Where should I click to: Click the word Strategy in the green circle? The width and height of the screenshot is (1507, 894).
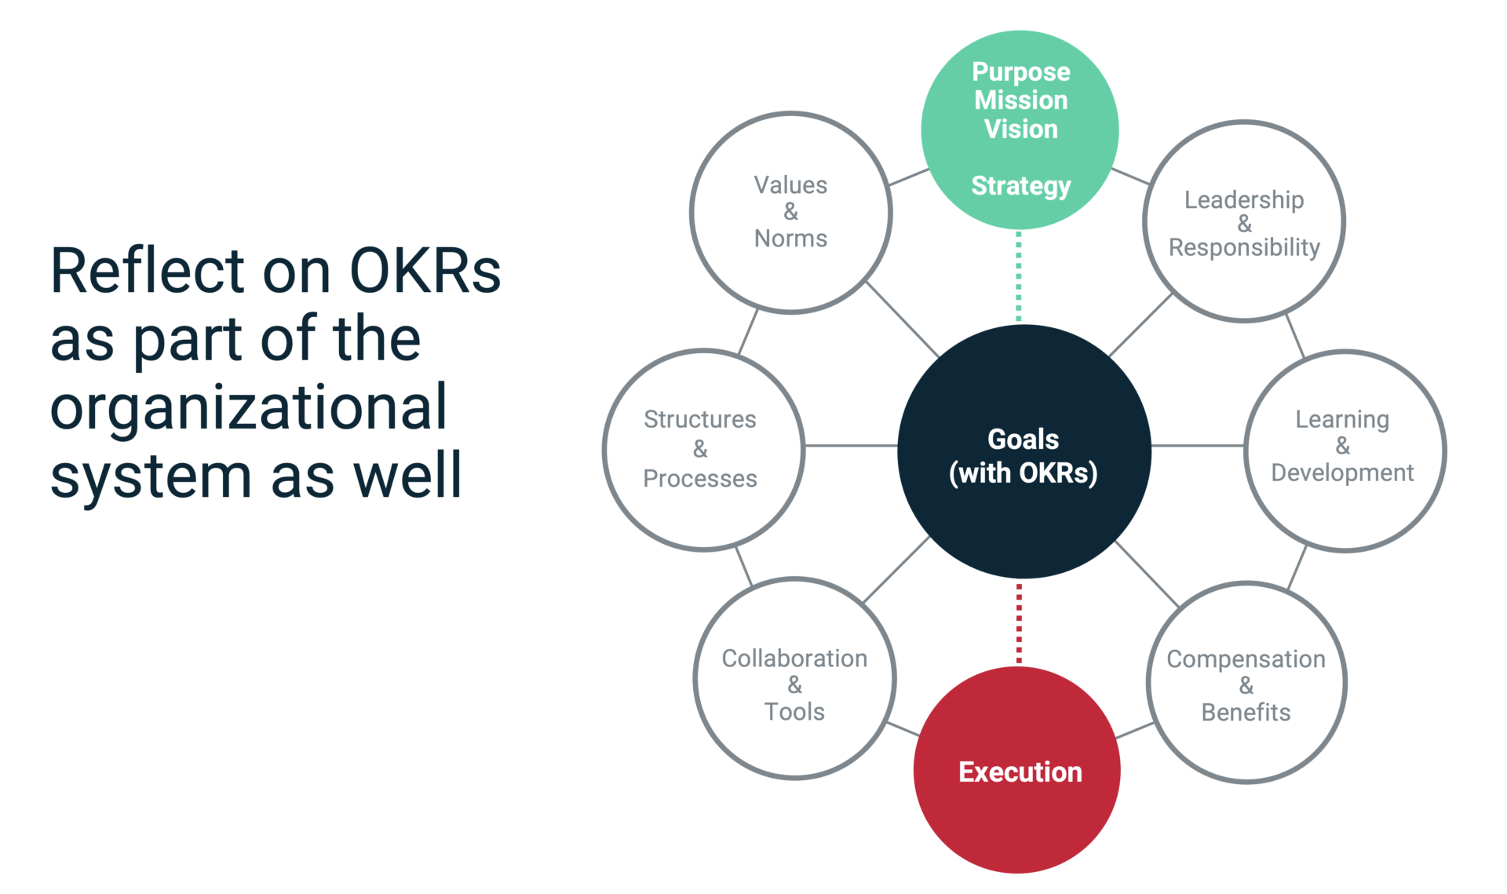click(1020, 186)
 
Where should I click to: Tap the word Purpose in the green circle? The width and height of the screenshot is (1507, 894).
click(1020, 72)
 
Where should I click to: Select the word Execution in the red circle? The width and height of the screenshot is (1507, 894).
click(1020, 772)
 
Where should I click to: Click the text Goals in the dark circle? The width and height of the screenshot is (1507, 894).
click(1023, 440)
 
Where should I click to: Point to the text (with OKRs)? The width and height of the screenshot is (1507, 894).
click(1023, 473)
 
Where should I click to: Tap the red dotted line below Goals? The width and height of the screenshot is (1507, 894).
click(1019, 623)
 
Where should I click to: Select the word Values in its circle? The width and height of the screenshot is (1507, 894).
click(790, 185)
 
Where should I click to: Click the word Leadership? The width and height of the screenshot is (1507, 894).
click(1243, 200)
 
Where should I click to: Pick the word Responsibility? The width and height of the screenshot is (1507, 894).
click(1243, 247)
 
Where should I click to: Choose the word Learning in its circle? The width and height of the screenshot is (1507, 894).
click(1341, 420)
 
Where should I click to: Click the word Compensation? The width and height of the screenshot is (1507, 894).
click(1246, 659)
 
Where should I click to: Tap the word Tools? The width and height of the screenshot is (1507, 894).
click(794, 712)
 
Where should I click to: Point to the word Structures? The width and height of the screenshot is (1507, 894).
click(699, 420)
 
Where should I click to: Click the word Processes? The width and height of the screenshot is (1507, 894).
click(699, 479)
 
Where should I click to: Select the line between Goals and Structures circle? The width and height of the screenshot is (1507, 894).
click(851, 446)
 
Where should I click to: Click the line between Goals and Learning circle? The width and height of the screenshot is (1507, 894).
click(1197, 446)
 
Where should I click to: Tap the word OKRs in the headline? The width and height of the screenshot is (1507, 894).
click(425, 272)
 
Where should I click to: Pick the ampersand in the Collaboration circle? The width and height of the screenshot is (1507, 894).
click(794, 685)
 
